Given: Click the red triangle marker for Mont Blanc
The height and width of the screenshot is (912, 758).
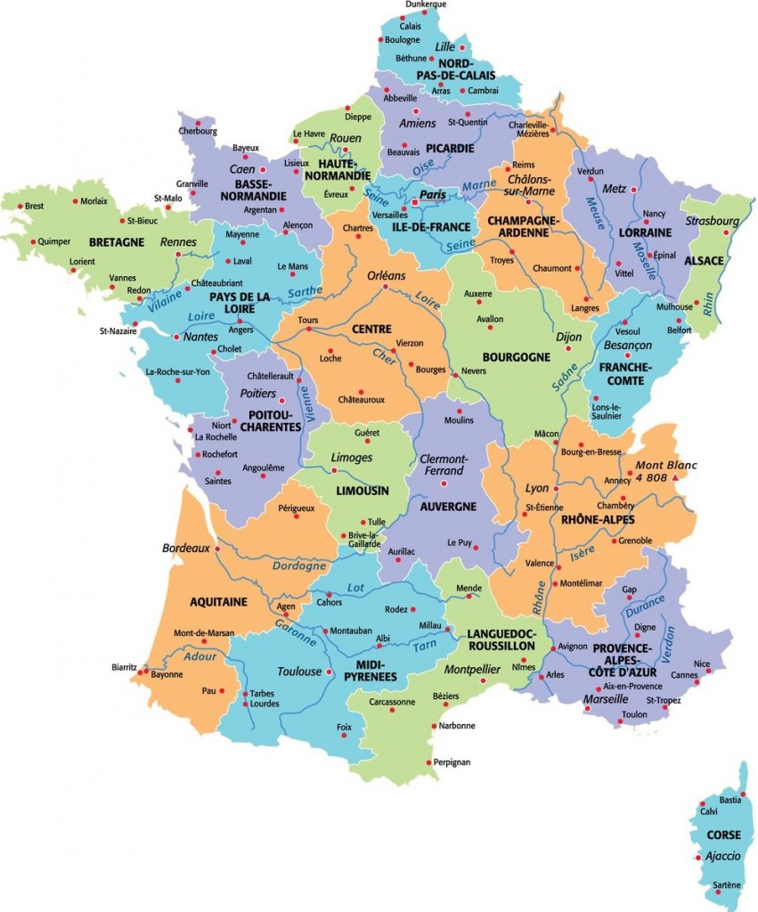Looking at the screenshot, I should click(676, 478).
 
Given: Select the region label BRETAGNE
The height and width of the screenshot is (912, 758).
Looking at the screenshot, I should click(116, 241).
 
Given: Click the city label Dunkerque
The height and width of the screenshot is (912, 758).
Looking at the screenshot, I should click(425, 5).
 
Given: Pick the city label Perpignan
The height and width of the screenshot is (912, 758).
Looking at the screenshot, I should click(452, 762).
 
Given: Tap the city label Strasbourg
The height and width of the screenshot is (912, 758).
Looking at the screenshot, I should click(713, 221).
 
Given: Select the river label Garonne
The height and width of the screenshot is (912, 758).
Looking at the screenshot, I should click(296, 631).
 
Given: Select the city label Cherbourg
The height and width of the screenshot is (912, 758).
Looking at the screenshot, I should click(198, 131).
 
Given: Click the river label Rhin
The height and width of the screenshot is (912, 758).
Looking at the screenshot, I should click(710, 305).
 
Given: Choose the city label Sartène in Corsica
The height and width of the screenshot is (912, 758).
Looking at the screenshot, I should click(727, 884).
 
